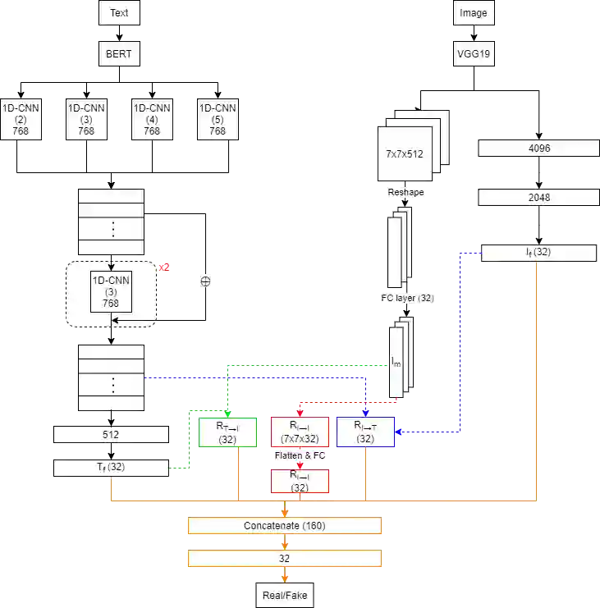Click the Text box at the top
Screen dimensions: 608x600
tap(119, 13)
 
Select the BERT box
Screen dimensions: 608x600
tap(119, 54)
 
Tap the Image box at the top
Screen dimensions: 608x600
tap(473, 13)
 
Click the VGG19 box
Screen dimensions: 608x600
tap(473, 54)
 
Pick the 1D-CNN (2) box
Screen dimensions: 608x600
tap(20, 119)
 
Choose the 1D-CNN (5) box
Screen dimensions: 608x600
tap(218, 119)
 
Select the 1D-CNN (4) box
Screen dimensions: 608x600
tap(152, 119)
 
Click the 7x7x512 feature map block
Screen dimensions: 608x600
tap(405, 153)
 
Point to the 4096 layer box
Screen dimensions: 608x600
tap(538, 149)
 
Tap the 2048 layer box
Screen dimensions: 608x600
tap(538, 198)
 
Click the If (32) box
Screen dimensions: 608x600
tap(538, 253)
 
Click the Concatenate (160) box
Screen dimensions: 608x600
tap(285, 525)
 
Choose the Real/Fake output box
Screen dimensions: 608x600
tap(285, 595)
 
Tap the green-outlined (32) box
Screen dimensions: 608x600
tap(227, 432)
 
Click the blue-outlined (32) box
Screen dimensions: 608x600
tap(365, 432)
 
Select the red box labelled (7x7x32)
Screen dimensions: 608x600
tap(300, 432)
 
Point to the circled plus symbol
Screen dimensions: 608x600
tap(206, 280)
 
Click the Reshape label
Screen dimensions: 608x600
tap(406, 191)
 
